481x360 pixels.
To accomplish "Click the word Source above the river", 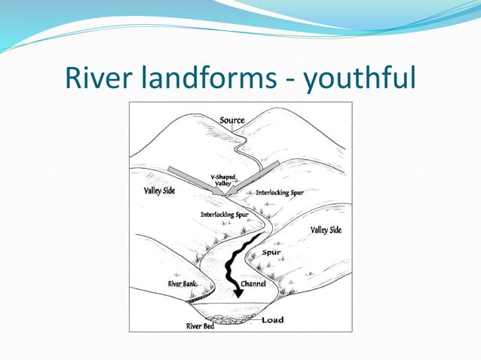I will [x=231, y=121].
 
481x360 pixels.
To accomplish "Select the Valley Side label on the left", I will [x=159, y=191].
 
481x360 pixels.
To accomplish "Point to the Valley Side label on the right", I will [x=326, y=230].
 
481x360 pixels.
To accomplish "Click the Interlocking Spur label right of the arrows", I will [x=280, y=193].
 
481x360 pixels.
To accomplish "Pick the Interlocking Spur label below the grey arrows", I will [x=225, y=215].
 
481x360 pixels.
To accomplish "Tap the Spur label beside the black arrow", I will [x=272, y=252].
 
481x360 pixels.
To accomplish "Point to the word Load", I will [x=272, y=320].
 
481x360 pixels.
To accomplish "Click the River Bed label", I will [x=200, y=326].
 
